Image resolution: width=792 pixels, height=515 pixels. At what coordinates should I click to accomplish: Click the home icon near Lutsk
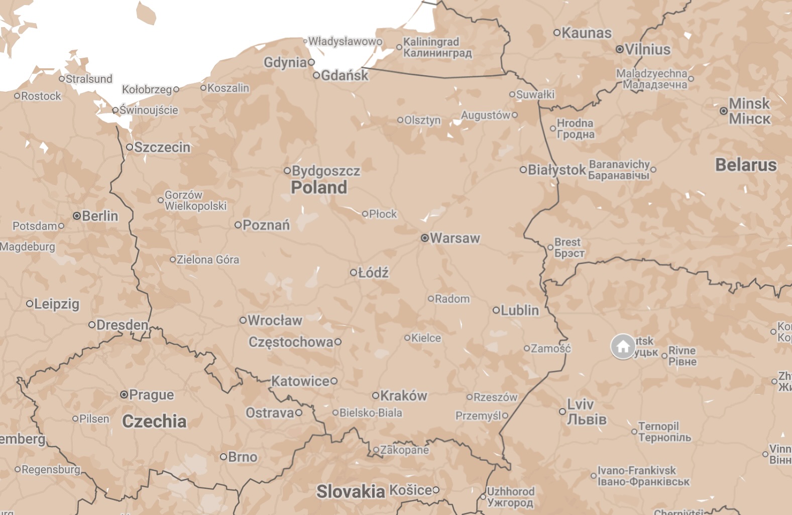coord(623,346)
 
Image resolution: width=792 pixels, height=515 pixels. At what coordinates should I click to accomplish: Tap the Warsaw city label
coord(455,238)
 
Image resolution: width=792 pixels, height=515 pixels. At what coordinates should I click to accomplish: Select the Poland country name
coord(319,188)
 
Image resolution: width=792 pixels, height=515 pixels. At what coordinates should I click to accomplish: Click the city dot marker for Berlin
coord(77,216)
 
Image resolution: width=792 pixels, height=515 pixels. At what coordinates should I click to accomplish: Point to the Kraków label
coord(403,396)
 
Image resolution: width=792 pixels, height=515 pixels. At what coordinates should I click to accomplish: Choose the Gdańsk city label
coord(345,75)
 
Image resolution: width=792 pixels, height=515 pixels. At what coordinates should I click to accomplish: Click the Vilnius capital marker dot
coord(620,49)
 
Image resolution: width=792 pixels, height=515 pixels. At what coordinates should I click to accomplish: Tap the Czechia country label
coord(154,421)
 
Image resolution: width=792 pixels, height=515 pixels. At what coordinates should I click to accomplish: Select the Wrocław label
coord(275,320)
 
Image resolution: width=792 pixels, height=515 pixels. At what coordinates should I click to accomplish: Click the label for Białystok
coord(556,170)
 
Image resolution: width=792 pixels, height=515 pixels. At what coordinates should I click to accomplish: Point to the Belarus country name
coord(746,165)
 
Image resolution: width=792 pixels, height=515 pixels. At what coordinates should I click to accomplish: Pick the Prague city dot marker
coord(124,395)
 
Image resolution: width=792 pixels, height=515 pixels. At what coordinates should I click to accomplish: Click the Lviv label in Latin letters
coord(580,404)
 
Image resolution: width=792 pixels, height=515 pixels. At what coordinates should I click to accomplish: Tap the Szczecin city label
coord(162,147)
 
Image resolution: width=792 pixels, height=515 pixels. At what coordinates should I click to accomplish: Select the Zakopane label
coord(404,450)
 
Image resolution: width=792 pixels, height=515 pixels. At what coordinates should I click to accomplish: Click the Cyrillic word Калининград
coord(437,53)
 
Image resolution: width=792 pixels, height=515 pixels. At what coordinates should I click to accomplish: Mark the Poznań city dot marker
coord(238,225)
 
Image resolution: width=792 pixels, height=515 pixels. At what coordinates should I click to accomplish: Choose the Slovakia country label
coord(351,491)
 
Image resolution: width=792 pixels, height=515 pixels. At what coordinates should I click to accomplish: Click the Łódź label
coord(373,273)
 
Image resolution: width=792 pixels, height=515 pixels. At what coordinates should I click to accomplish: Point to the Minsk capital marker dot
coord(724,111)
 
